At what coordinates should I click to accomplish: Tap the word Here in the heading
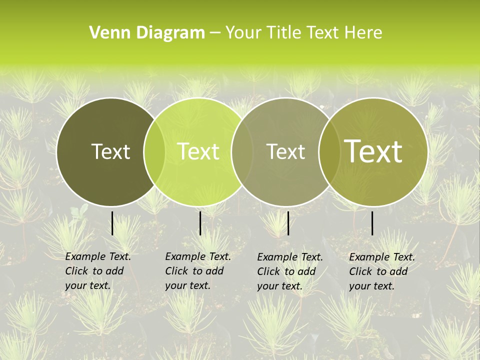click(x=364, y=33)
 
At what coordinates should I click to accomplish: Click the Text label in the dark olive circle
click(x=110, y=151)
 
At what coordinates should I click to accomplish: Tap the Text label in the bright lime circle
click(x=198, y=151)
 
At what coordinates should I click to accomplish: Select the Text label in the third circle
click(x=285, y=151)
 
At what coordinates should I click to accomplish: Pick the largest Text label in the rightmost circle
click(x=373, y=151)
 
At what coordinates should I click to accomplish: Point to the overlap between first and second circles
click(x=154, y=151)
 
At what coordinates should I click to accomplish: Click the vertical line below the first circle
click(x=112, y=223)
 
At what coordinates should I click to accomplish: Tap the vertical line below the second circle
click(x=200, y=223)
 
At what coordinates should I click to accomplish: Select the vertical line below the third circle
click(x=288, y=223)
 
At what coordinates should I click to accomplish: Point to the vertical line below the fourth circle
click(x=372, y=223)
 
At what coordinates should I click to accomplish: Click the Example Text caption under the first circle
click(x=98, y=256)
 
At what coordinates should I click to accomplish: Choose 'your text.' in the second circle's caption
click(x=187, y=285)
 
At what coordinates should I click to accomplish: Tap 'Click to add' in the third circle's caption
click(x=286, y=271)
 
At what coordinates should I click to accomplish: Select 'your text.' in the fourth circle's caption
click(x=371, y=286)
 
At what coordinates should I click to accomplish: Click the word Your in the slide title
click(x=243, y=33)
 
